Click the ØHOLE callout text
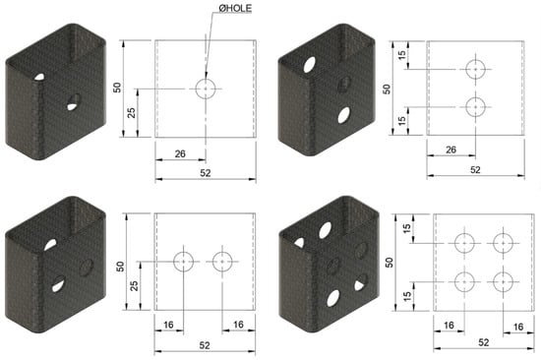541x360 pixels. point(235,9)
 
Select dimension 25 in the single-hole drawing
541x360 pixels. point(132,112)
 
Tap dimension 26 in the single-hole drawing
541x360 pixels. point(180,153)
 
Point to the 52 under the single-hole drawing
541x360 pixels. point(206,173)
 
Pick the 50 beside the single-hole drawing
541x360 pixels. point(117,88)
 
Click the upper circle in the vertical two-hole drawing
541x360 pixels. point(466,70)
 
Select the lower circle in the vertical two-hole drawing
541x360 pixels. point(466,107)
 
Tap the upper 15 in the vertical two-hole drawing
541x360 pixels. point(402,55)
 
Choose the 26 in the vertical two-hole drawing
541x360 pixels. point(451,150)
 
